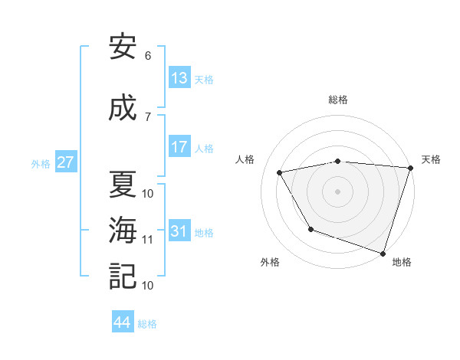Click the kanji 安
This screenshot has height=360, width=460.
click(x=123, y=47)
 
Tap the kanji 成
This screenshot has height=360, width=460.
click(x=123, y=108)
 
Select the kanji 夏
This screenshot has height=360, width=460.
click(x=123, y=185)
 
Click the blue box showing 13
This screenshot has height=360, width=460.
click(x=179, y=78)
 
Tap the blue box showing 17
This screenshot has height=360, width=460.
click(x=179, y=147)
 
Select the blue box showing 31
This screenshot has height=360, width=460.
click(x=179, y=231)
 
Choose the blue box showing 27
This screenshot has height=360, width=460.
click(x=66, y=162)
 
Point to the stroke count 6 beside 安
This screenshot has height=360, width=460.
click(x=148, y=56)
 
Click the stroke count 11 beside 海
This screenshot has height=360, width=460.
click(x=148, y=240)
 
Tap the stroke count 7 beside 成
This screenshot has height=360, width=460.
click(x=148, y=116)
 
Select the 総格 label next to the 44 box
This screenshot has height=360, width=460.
click(x=147, y=324)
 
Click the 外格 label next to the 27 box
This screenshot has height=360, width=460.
click(x=41, y=163)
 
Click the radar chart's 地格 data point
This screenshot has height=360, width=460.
click(x=383, y=253)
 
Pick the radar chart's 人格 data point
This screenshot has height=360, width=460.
click(x=280, y=172)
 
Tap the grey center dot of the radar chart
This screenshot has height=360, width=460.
click(x=337, y=191)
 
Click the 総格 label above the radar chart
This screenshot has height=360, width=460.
click(x=337, y=100)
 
